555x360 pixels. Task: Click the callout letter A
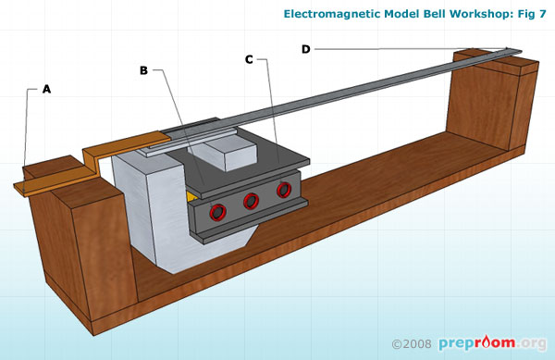click(x=46, y=90)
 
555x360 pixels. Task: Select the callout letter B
click(x=143, y=69)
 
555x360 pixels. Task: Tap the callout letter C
click(x=249, y=59)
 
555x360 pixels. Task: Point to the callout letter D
click(x=306, y=49)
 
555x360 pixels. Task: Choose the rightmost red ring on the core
click(x=283, y=189)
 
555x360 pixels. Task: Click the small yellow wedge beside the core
click(x=190, y=195)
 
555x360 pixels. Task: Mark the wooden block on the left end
click(x=79, y=241)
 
